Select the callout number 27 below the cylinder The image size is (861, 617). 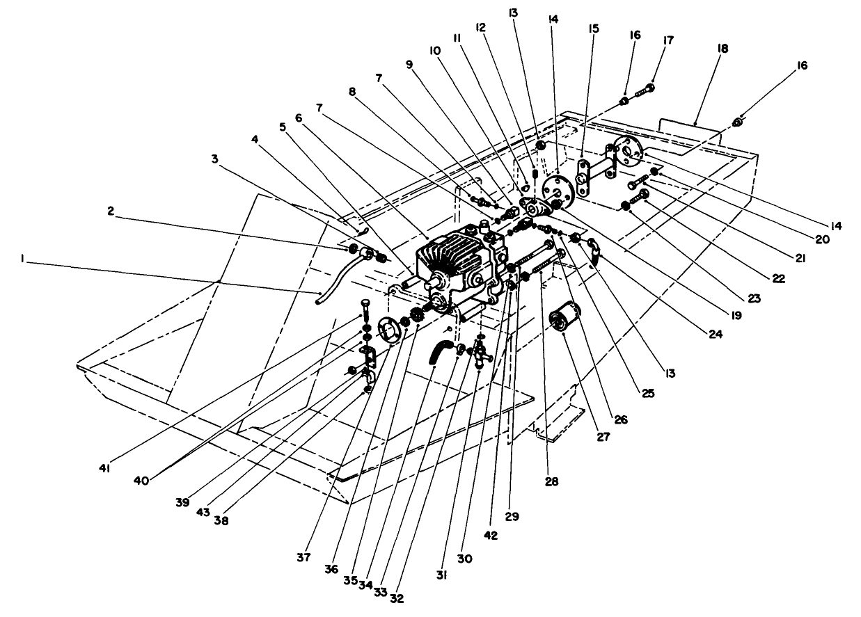click(603, 437)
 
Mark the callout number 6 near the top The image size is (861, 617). click(299, 119)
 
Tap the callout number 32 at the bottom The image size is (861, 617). click(397, 597)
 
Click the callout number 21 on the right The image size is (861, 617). click(800, 257)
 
